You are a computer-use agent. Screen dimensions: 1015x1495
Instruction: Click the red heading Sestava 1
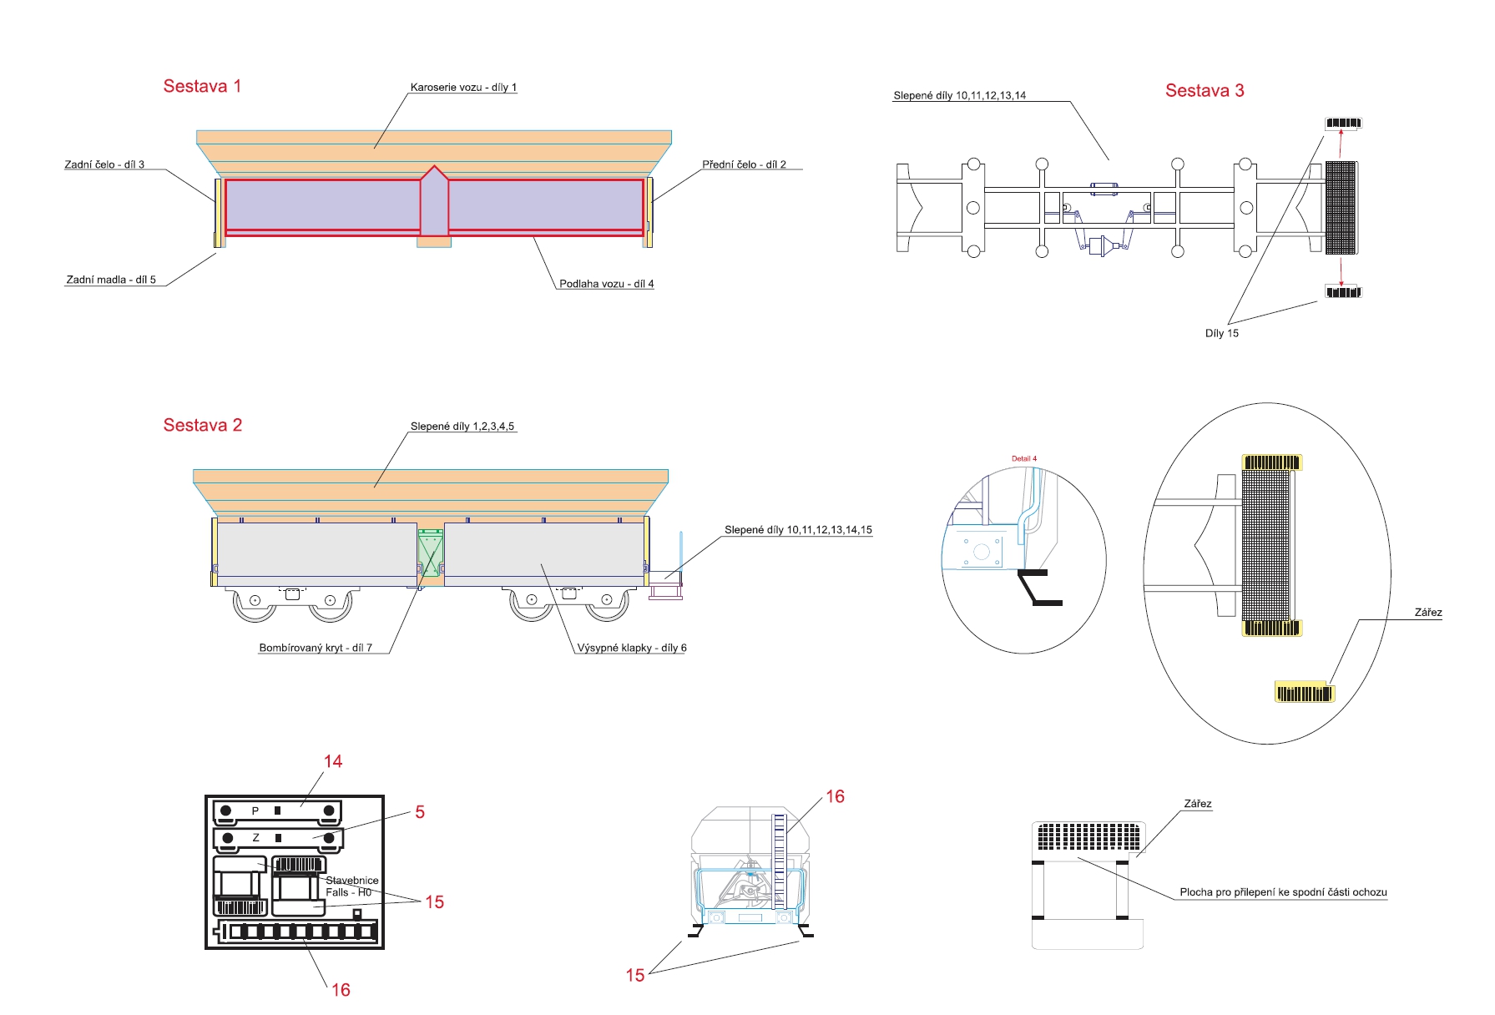pos(202,86)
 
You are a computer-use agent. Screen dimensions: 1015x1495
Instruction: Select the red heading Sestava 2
pos(202,425)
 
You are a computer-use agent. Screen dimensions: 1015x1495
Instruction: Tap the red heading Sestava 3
pos(1204,90)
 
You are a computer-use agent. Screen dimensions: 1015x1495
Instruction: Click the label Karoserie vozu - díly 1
pos(463,87)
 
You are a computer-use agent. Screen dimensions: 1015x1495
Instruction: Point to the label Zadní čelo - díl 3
pos(104,164)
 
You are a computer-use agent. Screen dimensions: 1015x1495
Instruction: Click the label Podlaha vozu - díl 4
pos(606,284)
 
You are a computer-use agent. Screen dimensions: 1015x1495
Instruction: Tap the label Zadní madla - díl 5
pos(111,280)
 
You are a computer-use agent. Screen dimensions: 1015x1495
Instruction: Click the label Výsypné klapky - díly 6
pos(632,648)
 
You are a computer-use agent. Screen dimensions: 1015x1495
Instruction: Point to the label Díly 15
pos(1221,333)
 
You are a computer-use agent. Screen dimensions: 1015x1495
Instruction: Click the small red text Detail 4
pos(1023,458)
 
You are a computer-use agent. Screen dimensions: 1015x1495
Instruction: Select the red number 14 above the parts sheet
pos(333,761)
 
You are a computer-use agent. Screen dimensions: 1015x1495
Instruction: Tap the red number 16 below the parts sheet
pos(341,990)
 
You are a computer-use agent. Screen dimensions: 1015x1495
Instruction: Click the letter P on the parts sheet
pos(255,810)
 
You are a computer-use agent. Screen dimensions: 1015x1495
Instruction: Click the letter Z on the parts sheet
pos(255,837)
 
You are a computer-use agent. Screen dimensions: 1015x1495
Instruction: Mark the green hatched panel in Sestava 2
pos(430,552)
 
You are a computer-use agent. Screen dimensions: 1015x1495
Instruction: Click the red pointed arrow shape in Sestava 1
pos(434,201)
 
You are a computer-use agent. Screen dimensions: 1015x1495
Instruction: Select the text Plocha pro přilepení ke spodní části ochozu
pos(1283,892)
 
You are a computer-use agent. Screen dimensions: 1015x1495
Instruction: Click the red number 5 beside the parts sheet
pos(420,812)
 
